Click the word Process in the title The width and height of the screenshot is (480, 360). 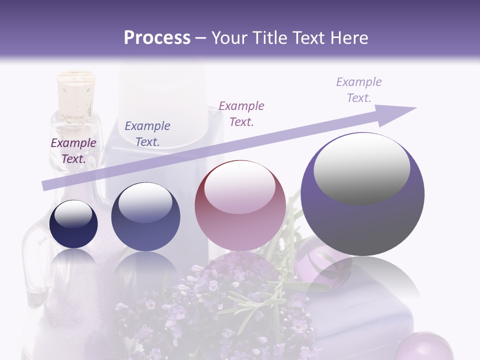157,38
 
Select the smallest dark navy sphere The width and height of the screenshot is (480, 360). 73,224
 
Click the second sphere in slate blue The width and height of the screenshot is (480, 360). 145,216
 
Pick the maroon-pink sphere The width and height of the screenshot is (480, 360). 240,205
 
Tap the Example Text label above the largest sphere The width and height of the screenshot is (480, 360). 358,90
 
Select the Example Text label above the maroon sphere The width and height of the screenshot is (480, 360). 241,114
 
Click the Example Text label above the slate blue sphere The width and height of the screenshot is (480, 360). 147,134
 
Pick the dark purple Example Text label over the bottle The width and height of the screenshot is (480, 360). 73,151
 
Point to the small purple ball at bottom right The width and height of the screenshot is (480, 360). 431,346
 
